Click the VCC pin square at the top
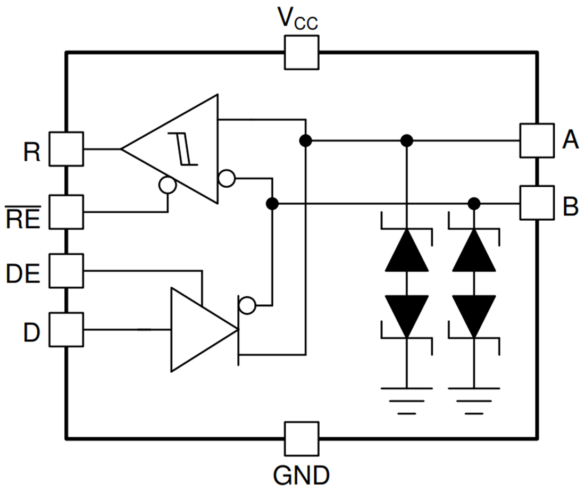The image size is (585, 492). [x=302, y=52]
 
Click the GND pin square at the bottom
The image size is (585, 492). [x=302, y=438]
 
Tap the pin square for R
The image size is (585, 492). [x=66, y=149]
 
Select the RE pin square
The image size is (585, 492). [x=66, y=212]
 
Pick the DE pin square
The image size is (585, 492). [x=66, y=271]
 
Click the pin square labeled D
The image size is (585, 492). [x=66, y=330]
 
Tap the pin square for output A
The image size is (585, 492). [x=537, y=140]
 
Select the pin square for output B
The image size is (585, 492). [x=537, y=203]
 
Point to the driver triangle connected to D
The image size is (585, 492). [x=199, y=330]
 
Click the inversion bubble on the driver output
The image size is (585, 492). [x=247, y=305]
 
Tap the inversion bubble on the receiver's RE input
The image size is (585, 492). [x=168, y=185]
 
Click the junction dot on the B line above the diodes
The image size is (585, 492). [x=474, y=203]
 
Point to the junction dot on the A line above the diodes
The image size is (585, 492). [x=407, y=140]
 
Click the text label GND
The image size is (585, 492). [x=301, y=474]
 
